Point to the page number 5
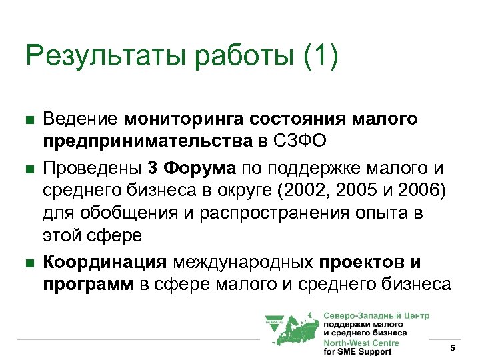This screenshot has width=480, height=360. click(x=452, y=349)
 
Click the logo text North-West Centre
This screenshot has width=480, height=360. click(x=361, y=343)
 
